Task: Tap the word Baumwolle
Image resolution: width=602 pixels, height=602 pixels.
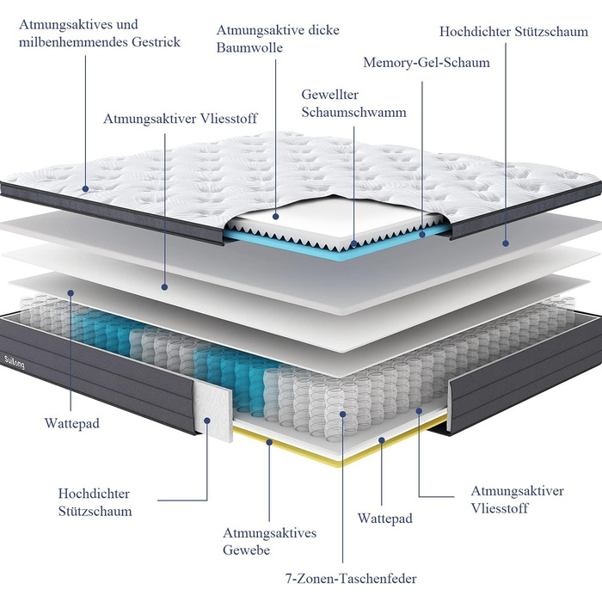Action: [x=249, y=47]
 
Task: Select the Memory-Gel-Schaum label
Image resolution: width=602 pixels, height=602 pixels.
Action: [x=427, y=63]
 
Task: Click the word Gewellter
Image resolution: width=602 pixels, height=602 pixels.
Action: [x=329, y=95]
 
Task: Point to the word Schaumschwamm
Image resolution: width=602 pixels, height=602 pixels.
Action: [x=353, y=112]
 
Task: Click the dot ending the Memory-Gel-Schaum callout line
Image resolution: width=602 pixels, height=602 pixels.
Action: [x=422, y=232]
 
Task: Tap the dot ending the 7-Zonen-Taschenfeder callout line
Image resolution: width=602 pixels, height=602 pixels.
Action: [x=343, y=415]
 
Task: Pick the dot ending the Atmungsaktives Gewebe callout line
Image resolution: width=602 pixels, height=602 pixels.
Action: [x=269, y=442]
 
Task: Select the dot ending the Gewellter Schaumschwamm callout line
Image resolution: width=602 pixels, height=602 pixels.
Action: [x=353, y=244]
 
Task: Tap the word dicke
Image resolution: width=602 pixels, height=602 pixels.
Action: [x=323, y=30]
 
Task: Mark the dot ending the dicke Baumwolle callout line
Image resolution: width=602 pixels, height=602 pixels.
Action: [x=274, y=218]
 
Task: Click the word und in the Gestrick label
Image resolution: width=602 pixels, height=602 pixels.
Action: [x=127, y=25]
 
